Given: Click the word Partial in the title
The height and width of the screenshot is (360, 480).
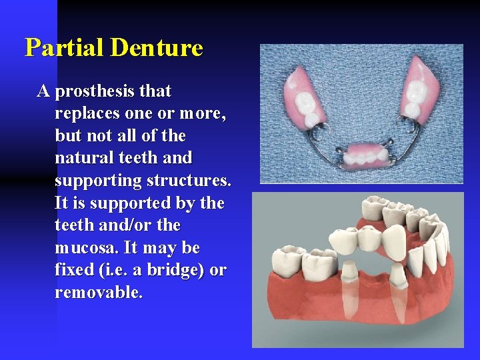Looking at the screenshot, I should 65,48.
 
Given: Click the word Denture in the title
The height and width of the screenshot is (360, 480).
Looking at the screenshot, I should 157,48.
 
